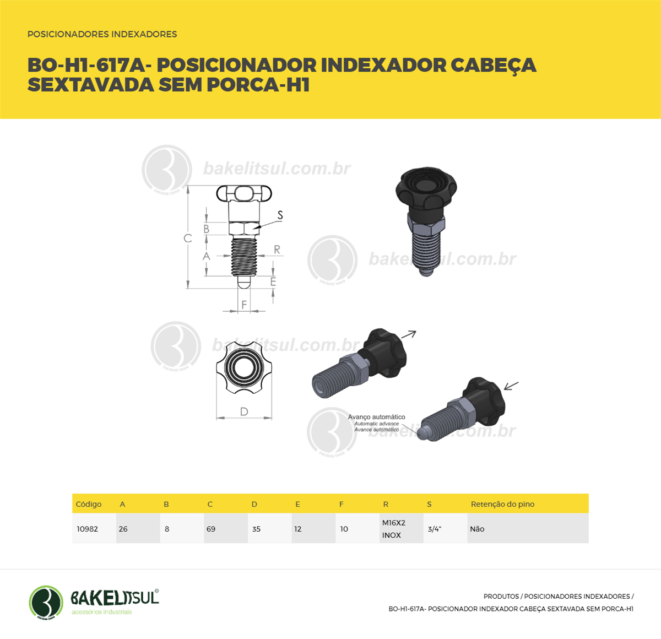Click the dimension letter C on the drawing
coord(188,239)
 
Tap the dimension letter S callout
coord(280,215)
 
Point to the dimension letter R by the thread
coord(277,250)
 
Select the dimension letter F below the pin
coord(244,305)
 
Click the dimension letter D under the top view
coord(244,411)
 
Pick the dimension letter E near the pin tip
coord(273,281)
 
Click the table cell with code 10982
coord(88,529)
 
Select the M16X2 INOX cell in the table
coord(394,529)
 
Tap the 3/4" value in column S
coord(435,529)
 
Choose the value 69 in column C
coord(211,529)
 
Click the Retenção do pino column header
coord(502,504)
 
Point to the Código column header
coord(89,504)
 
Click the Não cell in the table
coord(477,529)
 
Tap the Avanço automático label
coord(376,417)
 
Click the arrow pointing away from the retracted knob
coord(408,334)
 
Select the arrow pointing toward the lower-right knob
coord(511,386)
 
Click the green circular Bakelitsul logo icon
coord(46,603)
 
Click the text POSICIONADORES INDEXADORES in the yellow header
coord(102,34)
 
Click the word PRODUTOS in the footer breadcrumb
coord(501,597)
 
